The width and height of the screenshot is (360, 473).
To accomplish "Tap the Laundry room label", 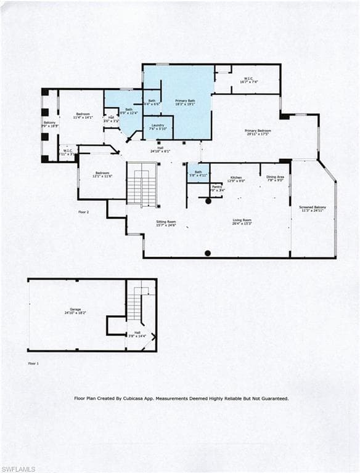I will [x=158, y=127].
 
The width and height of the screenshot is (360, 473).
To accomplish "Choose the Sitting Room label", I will [x=166, y=223].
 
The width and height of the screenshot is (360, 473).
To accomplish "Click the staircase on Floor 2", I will [x=142, y=184].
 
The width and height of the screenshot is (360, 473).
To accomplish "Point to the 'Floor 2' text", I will [x=84, y=212].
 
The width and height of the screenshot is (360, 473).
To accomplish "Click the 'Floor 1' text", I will [x=33, y=363].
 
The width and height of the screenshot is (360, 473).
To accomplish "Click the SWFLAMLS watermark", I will [x=18, y=469].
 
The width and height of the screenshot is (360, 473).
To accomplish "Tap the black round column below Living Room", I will [x=208, y=253].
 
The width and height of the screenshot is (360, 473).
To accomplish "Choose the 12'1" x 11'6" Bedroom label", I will [x=102, y=174].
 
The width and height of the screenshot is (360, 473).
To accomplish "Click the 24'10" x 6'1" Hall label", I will [x=160, y=150].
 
